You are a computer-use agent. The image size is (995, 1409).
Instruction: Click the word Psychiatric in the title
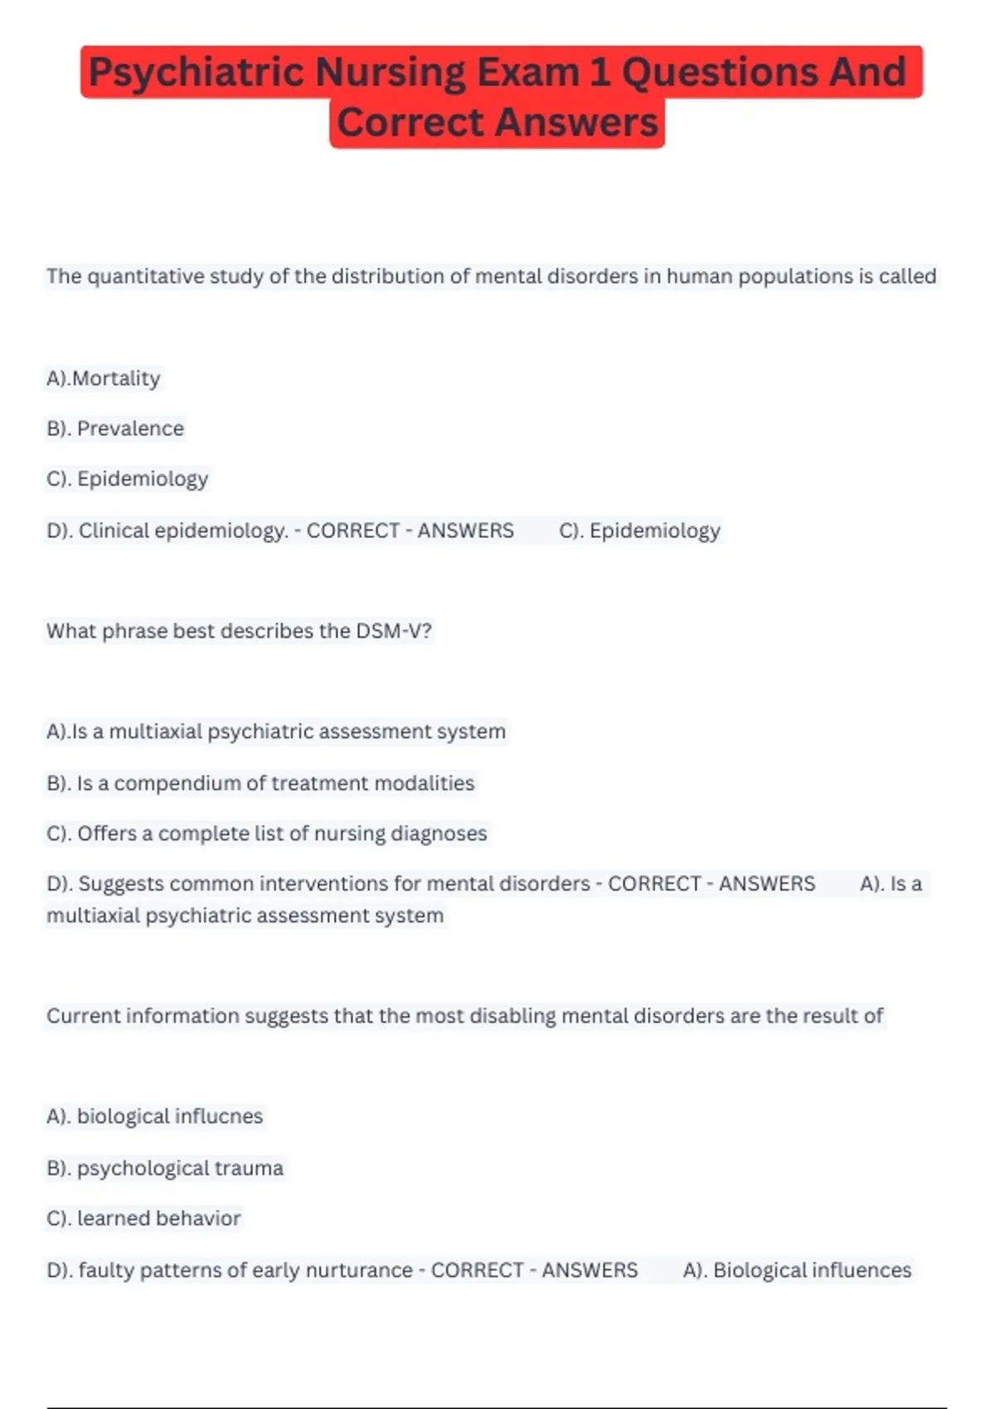click(x=197, y=72)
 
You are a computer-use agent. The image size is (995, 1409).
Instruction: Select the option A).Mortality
click(x=104, y=378)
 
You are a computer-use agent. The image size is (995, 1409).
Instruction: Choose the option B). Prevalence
click(x=115, y=429)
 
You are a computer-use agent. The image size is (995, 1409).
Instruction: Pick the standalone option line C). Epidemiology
click(x=127, y=479)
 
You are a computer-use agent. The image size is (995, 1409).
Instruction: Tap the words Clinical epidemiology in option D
click(x=182, y=530)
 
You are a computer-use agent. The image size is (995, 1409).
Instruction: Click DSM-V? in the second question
click(x=394, y=631)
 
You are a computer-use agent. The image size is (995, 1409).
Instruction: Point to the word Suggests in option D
click(x=121, y=884)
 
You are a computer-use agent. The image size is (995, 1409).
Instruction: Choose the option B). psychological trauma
click(x=165, y=1168)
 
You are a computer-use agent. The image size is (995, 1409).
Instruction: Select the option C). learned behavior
click(x=143, y=1218)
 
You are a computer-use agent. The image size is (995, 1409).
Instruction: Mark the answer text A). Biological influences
click(x=797, y=1270)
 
